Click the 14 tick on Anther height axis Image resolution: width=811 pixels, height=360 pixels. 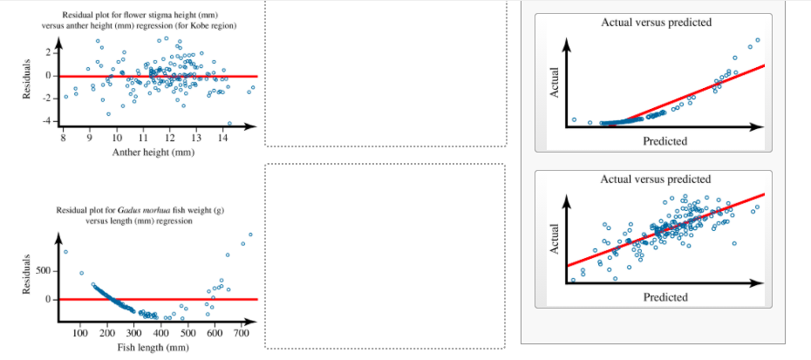(222, 138)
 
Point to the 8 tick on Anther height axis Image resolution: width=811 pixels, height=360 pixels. (64, 138)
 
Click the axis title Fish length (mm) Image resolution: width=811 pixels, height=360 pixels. (153, 348)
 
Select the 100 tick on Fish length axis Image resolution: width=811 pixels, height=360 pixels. (80, 332)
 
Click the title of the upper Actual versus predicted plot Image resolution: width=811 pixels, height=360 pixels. (656, 22)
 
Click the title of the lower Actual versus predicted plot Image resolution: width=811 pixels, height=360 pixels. (656, 179)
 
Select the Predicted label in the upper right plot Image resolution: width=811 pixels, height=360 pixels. (664, 140)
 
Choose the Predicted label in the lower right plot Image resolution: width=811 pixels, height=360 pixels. (664, 297)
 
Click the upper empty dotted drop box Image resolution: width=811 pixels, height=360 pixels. (385, 73)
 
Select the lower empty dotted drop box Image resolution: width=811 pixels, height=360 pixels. (385, 256)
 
